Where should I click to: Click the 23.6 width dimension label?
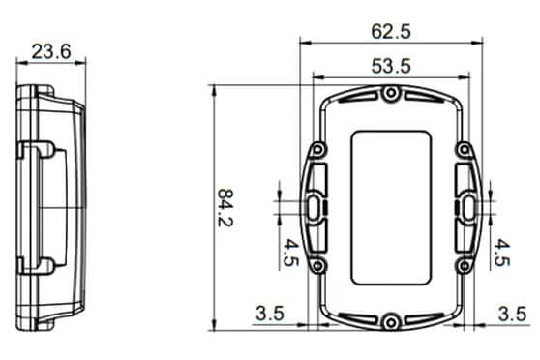(50, 51)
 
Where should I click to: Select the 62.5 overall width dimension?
(391, 31)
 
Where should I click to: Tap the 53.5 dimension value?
(391, 66)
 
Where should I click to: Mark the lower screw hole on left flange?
(316, 264)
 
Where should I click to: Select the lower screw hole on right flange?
(465, 264)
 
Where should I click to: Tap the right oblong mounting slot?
(466, 207)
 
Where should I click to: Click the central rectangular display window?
(391, 207)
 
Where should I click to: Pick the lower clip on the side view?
(39, 263)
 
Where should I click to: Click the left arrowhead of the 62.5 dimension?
(303, 43)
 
